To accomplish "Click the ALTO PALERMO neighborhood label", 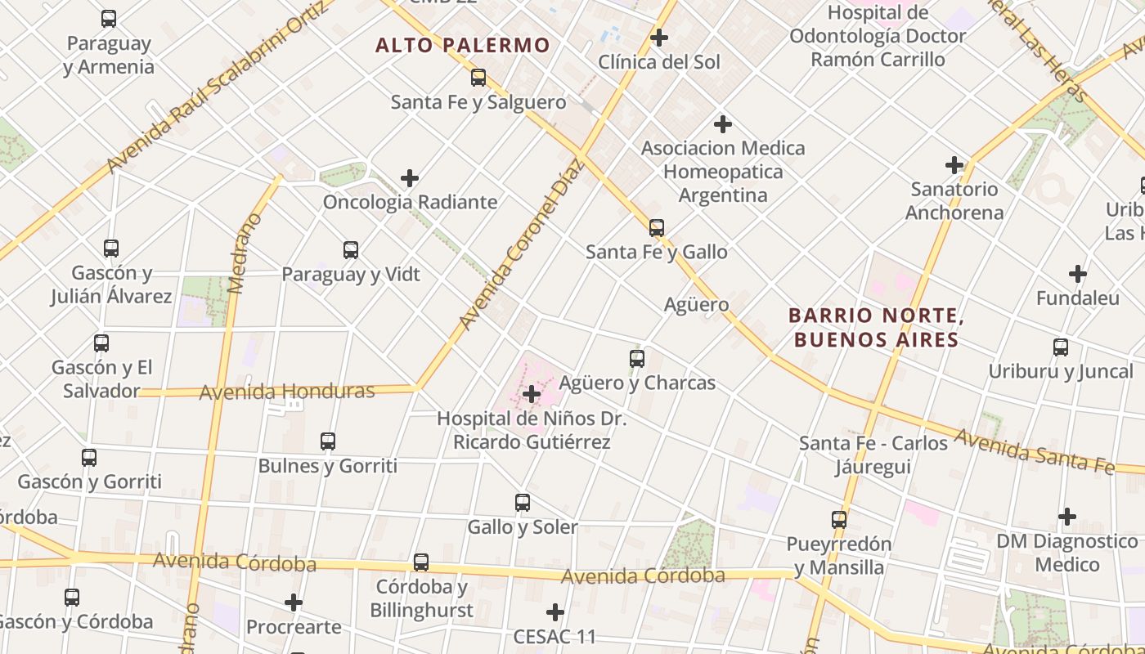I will coord(462,45).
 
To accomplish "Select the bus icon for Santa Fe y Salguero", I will coord(478,78).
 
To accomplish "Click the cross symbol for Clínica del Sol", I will coord(658,38).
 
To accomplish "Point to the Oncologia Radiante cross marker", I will coord(410,178).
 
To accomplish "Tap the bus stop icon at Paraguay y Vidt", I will coord(351,250).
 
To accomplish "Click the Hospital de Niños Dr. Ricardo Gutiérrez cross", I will coord(532,395).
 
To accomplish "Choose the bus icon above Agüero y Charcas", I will coord(637,359).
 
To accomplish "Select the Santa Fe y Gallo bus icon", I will coord(657,228).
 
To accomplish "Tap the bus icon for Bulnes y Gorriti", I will coord(328,441).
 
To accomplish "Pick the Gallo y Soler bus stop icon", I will coord(523,503).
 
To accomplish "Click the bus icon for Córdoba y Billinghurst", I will coord(421,562).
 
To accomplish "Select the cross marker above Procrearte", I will coord(294,603).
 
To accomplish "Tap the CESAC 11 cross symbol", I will coord(555,612).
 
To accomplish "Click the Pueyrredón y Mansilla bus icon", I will coord(839,520).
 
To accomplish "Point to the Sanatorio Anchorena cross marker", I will coord(954,165).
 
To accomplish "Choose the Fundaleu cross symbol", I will coord(1078,274).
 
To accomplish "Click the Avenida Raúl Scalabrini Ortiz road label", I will coord(217,90).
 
